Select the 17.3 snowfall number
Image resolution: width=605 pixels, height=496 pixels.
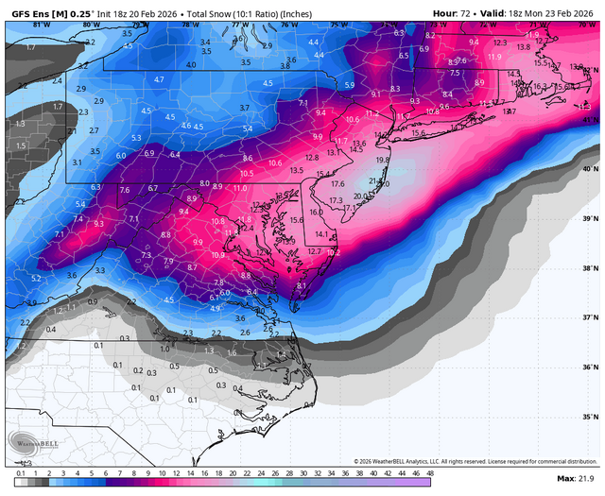click(336, 200)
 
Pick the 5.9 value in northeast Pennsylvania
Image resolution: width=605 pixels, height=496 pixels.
click(349, 86)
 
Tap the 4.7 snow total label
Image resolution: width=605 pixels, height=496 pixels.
click(159, 79)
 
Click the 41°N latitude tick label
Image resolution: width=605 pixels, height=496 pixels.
click(591, 120)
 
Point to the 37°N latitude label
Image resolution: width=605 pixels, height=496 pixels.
click(591, 317)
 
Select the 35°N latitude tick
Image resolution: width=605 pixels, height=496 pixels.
click(591, 416)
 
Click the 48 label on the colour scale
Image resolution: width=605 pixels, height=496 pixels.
click(429, 471)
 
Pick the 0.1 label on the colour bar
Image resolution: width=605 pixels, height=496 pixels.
click(20, 471)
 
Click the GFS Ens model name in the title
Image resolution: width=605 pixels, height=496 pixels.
click(29, 10)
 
